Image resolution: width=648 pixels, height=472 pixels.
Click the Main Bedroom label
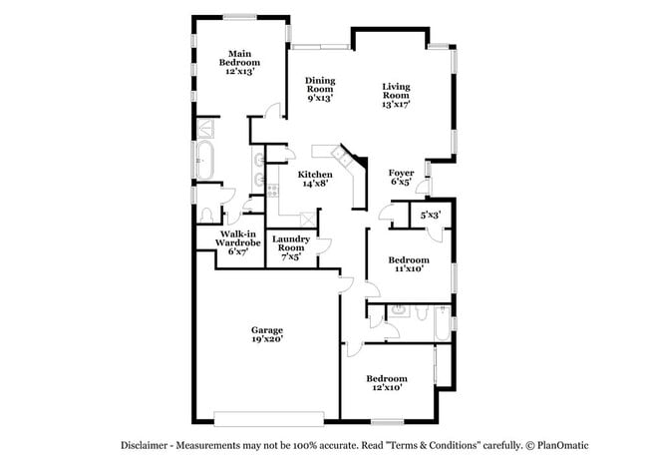[x=238, y=63]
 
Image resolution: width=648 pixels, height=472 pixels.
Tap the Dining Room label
[x=320, y=89]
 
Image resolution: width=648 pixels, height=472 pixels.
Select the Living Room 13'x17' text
[x=396, y=95]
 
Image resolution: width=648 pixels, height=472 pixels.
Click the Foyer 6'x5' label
[x=401, y=178]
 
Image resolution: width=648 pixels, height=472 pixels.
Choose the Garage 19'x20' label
[x=267, y=334]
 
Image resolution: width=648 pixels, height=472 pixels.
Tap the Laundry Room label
[x=291, y=246]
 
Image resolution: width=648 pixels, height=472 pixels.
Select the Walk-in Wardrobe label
[x=239, y=241]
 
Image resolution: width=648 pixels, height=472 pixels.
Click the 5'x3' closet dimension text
[x=431, y=215]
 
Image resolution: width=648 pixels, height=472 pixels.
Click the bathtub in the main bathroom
[x=206, y=160]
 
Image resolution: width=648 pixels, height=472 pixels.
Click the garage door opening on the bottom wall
[x=268, y=417]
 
